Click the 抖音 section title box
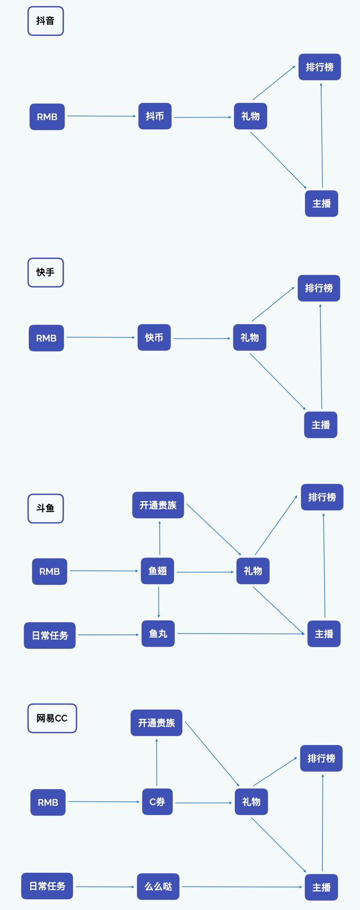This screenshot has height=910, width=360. point(46,21)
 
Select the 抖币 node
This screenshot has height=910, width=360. point(155,116)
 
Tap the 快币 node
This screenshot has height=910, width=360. point(154,337)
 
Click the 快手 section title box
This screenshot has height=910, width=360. point(46,272)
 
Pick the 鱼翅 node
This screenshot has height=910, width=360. point(157,571)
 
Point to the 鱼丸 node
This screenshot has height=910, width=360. point(158,633)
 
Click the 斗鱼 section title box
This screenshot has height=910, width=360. point(46,508)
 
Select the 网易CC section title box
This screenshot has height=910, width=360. point(52,718)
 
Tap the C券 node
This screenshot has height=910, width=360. point(157,801)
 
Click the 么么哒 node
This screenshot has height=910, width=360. point(158,886)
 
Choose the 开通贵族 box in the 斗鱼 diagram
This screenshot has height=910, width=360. point(158,505)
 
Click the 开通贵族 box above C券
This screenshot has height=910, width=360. point(156,723)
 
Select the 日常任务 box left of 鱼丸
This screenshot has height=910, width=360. point(49,635)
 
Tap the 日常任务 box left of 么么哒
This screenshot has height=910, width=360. point(47,886)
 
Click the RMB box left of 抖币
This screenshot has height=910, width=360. point(47,116)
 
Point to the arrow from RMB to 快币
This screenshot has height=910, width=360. point(101,337)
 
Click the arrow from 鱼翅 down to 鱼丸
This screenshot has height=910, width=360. point(158,603)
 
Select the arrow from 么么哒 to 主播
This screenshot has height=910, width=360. point(242,887)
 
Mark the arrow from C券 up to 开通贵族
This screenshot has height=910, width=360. point(157,763)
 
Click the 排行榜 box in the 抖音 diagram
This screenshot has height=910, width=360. point(320,67)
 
